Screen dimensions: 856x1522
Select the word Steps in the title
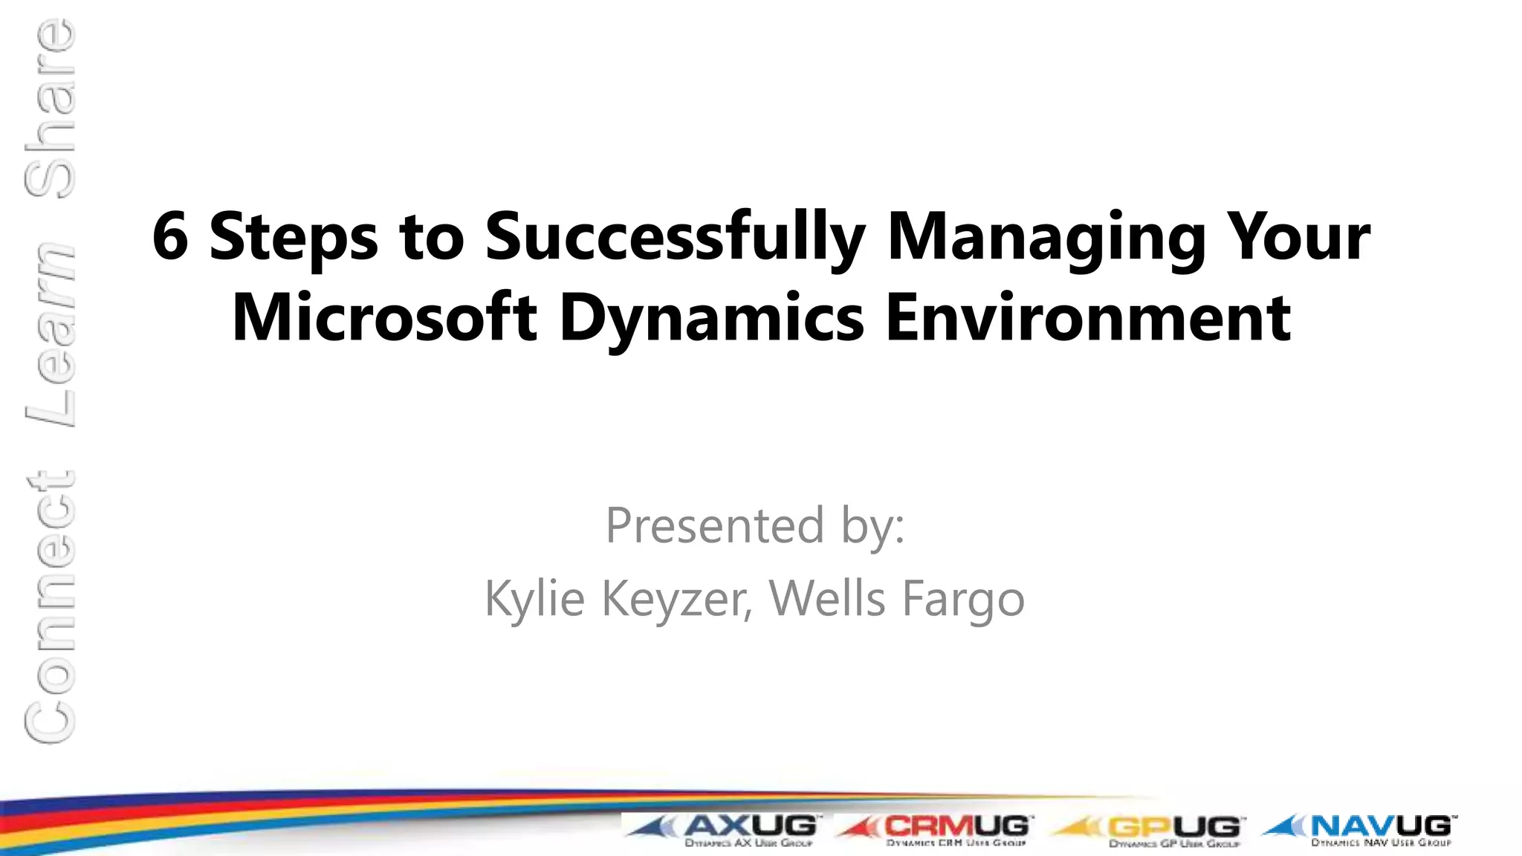click(x=294, y=238)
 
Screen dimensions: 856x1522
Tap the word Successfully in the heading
click(x=675, y=238)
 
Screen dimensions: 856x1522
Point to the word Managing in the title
click(x=1046, y=238)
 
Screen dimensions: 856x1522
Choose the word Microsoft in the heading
click(x=384, y=318)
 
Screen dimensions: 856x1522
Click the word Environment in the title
click(x=1088, y=318)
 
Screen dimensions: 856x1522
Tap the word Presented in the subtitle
click(x=715, y=525)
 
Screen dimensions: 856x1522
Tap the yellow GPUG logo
click(x=1149, y=829)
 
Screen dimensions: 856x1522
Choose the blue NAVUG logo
click(x=1360, y=829)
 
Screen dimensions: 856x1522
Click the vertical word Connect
click(x=51, y=606)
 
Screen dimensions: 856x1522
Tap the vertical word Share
click(x=51, y=108)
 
